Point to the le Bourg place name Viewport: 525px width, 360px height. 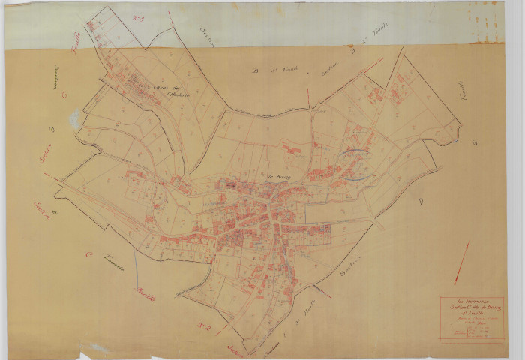(x=279, y=178)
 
